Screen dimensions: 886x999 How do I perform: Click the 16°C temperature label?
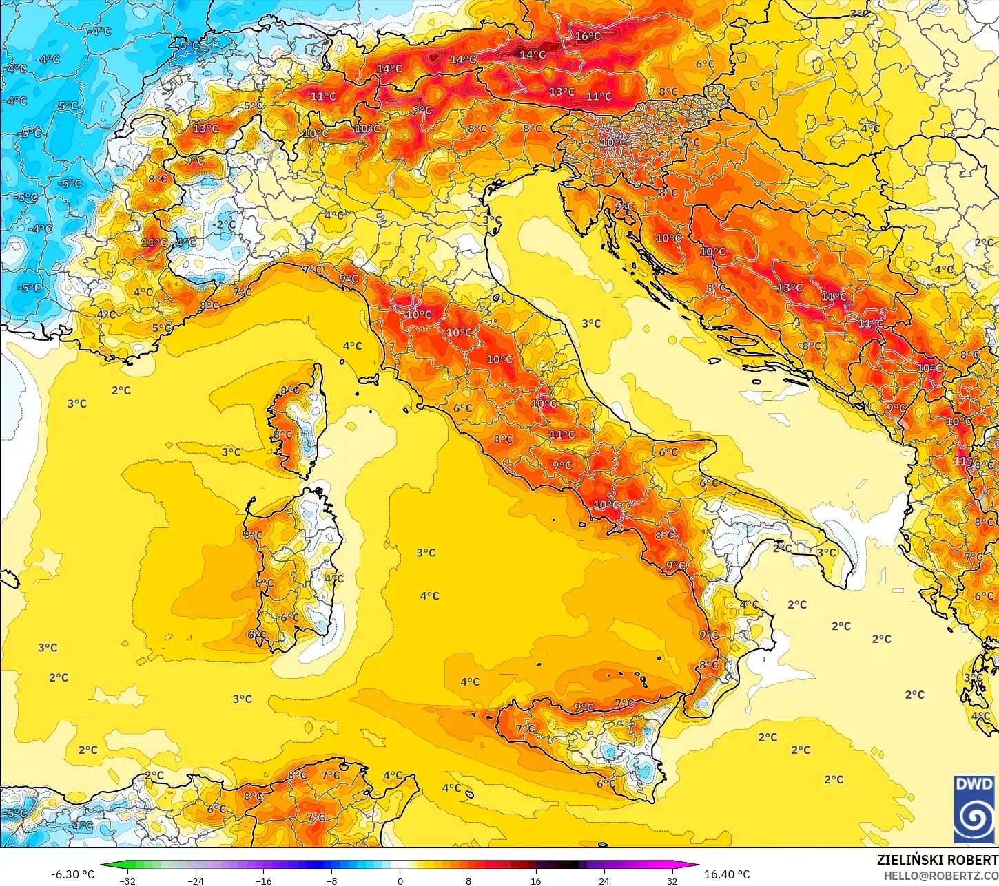[588, 36]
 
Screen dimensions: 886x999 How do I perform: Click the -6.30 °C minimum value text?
[73, 874]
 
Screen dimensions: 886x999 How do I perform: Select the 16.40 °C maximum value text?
[727, 874]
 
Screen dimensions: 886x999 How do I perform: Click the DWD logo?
[974, 809]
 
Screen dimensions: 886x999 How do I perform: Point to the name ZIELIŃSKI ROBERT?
[937, 860]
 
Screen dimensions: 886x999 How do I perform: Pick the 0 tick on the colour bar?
[400, 880]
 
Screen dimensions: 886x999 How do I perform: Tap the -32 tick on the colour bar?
[127, 880]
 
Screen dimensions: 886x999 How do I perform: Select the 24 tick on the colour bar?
[604, 880]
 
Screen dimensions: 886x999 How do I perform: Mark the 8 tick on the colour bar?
[468, 880]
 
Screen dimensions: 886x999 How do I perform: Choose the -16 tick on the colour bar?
[263, 880]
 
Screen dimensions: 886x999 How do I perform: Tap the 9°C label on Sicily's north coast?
[584, 708]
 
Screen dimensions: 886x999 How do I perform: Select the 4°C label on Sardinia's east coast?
[334, 579]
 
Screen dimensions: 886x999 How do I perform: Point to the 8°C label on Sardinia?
[253, 535]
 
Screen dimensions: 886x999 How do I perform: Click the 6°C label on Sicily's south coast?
[606, 784]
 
